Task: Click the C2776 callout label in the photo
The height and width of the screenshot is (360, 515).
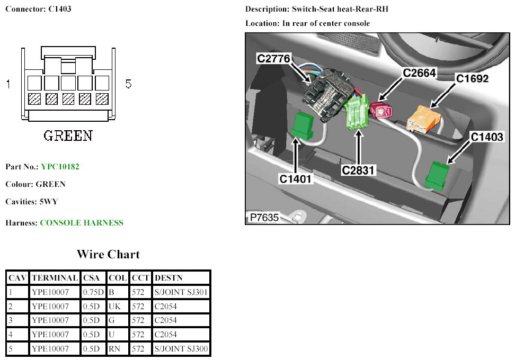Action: pyautogui.click(x=273, y=58)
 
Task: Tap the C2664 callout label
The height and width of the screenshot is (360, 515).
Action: pyautogui.click(x=420, y=73)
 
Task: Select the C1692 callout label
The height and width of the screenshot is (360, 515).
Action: pyautogui.click(x=472, y=79)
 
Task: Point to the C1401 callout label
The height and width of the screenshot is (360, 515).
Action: pyautogui.click(x=296, y=179)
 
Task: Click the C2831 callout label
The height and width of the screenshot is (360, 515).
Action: pyautogui.click(x=358, y=170)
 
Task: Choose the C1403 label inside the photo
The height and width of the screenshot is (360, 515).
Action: pyautogui.click(x=487, y=137)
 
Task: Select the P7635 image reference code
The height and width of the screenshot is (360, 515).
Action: pyautogui.click(x=264, y=217)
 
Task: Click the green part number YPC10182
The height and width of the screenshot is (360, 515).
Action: pyautogui.click(x=60, y=167)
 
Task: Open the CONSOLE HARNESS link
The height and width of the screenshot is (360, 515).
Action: pyautogui.click(x=82, y=223)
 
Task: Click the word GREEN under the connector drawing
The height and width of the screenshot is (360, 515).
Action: pyautogui.click(x=67, y=136)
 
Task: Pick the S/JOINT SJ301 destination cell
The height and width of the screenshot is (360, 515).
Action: pyautogui.click(x=181, y=292)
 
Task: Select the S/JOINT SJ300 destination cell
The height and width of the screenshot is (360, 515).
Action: pyautogui.click(x=181, y=349)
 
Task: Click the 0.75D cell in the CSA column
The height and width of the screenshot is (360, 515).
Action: pyautogui.click(x=93, y=292)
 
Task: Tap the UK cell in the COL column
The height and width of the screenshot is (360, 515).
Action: pyautogui.click(x=115, y=306)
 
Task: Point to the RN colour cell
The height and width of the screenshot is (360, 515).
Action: pyautogui.click(x=115, y=349)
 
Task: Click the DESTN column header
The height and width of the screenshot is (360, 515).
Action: pyautogui.click(x=168, y=278)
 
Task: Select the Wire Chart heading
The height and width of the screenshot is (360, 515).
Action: pyautogui.click(x=108, y=254)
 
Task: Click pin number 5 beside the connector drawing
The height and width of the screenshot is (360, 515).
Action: pyautogui.click(x=128, y=84)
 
